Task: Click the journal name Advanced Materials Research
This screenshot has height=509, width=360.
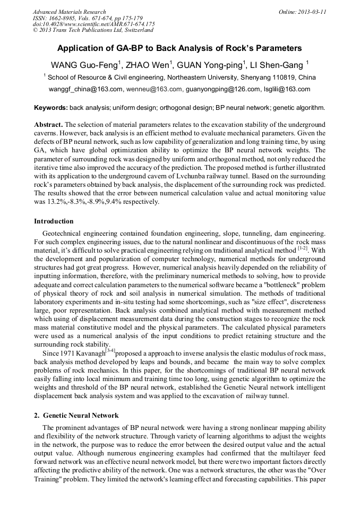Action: [x=70, y=11]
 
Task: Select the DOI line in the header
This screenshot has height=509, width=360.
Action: [x=93, y=24]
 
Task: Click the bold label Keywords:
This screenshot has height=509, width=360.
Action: [x=51, y=108]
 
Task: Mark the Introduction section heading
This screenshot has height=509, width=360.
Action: [x=54, y=221]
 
